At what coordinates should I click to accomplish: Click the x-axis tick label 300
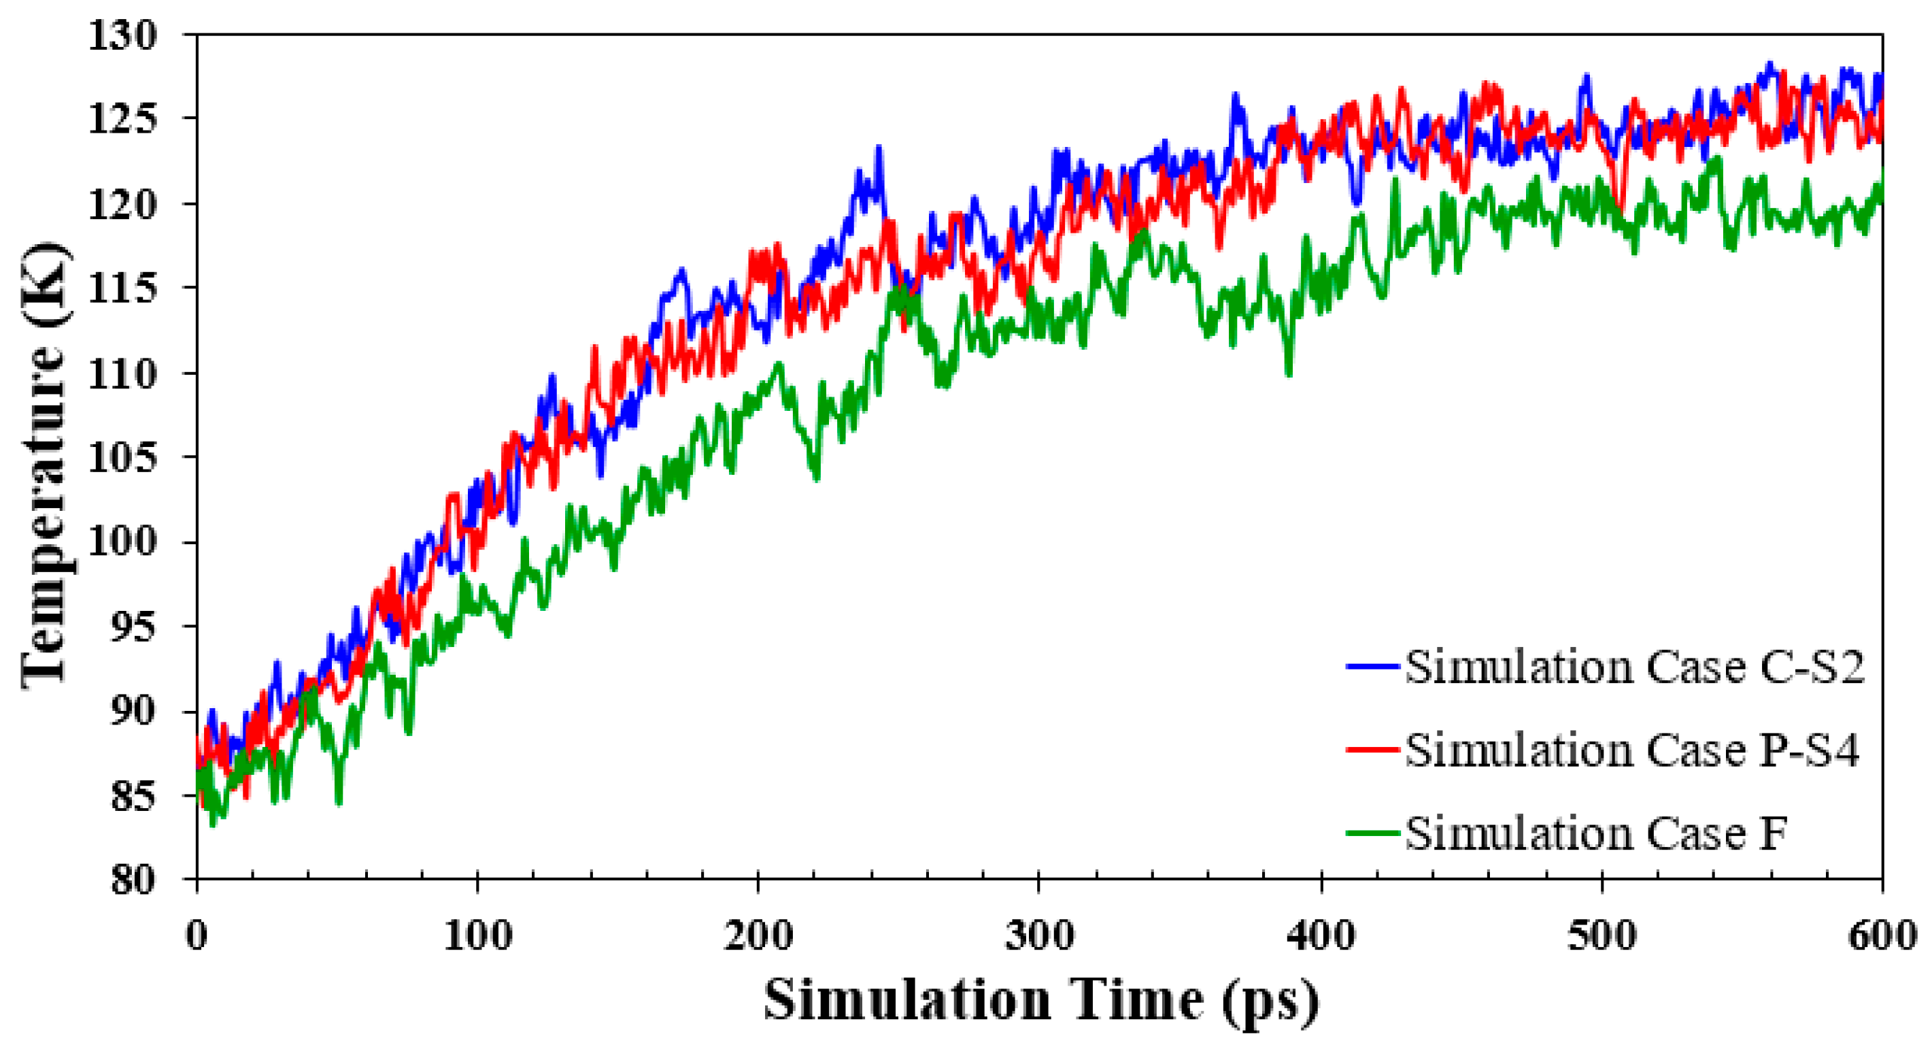[x=1040, y=935]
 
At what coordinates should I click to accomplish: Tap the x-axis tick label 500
[x=1601, y=935]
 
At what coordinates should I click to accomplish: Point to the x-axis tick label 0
[x=197, y=935]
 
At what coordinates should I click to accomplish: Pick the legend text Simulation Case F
[x=1596, y=833]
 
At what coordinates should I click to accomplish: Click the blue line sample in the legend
[x=1372, y=666]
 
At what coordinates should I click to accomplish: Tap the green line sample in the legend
[x=1372, y=833]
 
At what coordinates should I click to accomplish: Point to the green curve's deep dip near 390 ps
[x=1289, y=373]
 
